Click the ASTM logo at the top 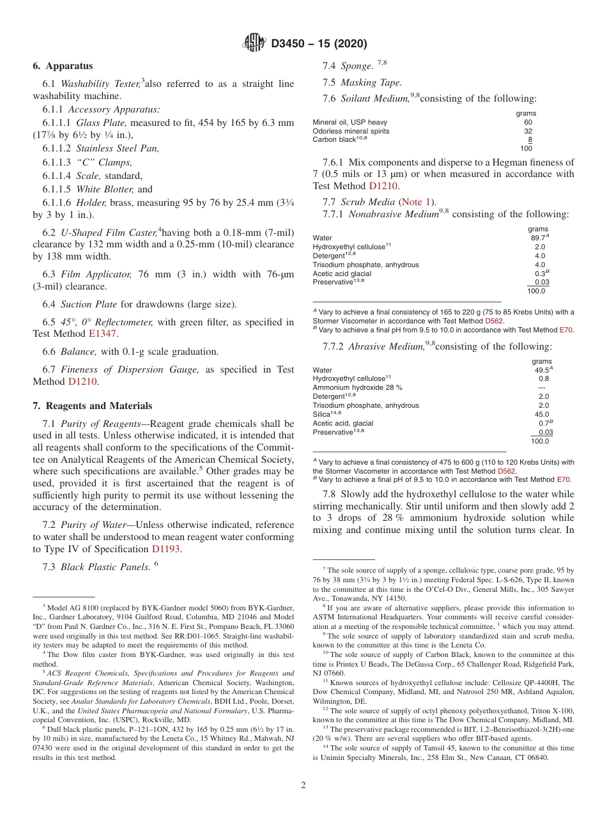(x=254, y=43)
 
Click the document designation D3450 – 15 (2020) (x=319, y=44)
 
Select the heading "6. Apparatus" (x=63, y=66)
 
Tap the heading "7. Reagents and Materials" (x=93, y=406)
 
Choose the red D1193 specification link (x=166, y=549)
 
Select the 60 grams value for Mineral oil (x=528, y=122)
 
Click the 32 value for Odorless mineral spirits (x=528, y=131)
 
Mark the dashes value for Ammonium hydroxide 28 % (x=542, y=387)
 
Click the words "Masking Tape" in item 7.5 (x=371, y=82)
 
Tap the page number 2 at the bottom (x=303, y=786)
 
